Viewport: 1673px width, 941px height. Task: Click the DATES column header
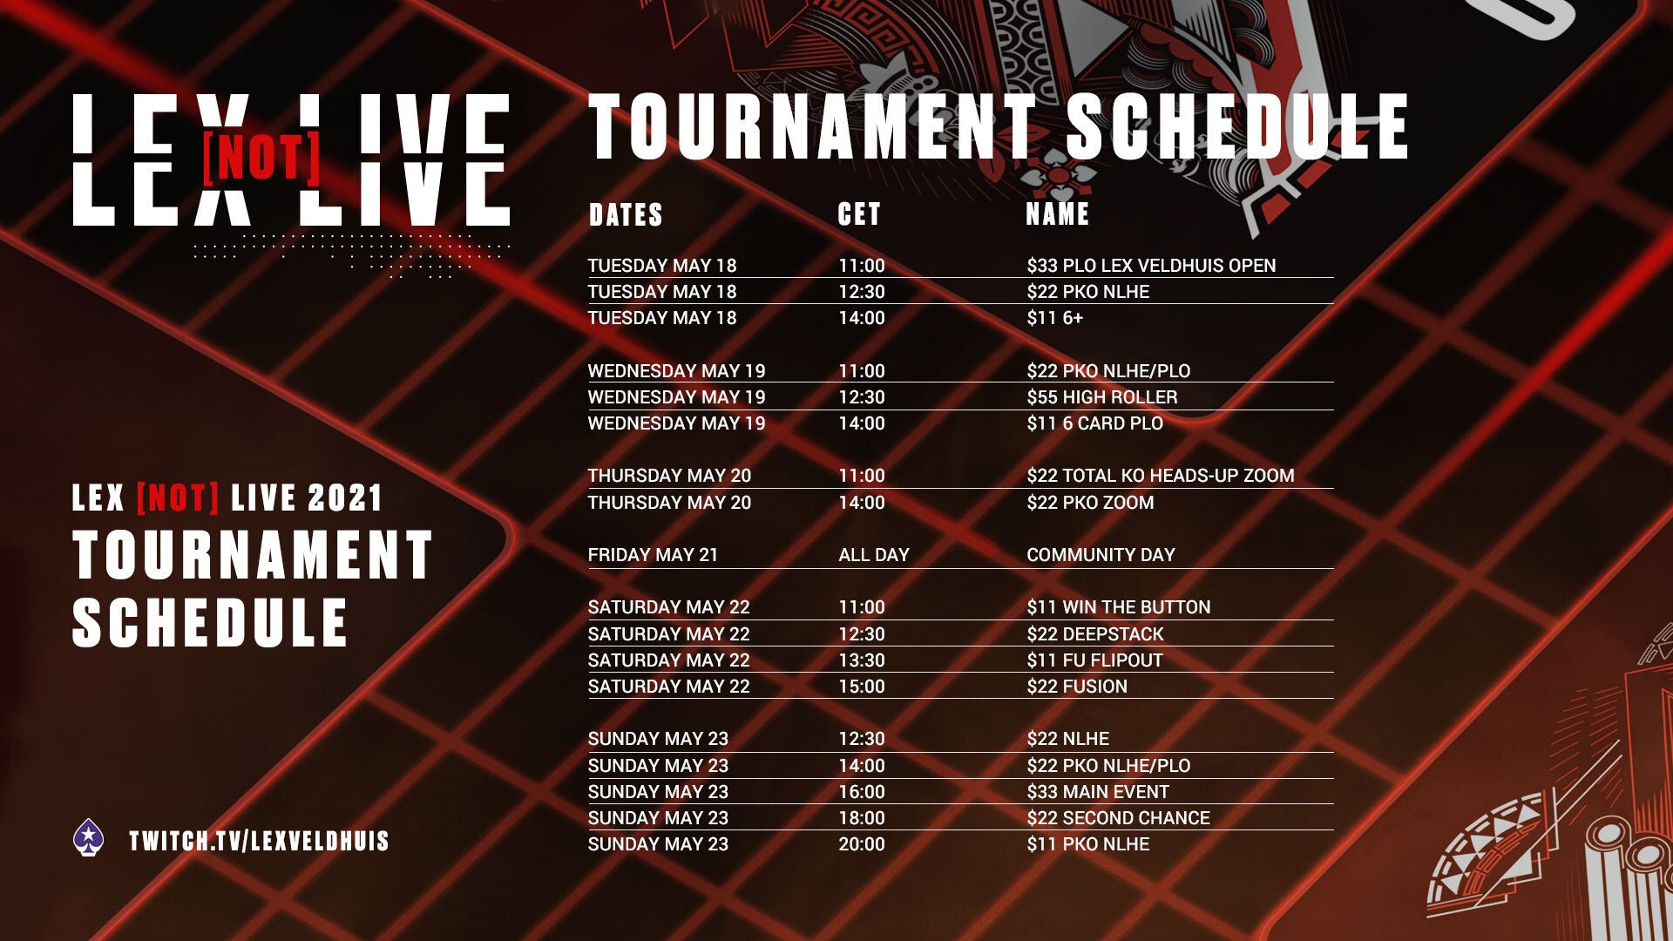click(x=626, y=214)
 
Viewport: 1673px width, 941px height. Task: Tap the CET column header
click(x=859, y=214)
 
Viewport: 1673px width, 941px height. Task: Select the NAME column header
click(x=1058, y=214)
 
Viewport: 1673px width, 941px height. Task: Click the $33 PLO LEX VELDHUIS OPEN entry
click(x=1151, y=266)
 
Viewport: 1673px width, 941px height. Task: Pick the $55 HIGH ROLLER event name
click(x=1102, y=397)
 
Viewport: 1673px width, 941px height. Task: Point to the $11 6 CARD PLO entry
click(x=1094, y=423)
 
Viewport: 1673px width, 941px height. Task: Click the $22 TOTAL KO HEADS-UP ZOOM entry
click(x=1161, y=476)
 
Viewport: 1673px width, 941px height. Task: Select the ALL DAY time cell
click(x=874, y=555)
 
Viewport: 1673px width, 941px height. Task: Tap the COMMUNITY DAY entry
click(x=1101, y=555)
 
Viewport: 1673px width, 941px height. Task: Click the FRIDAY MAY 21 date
click(x=653, y=555)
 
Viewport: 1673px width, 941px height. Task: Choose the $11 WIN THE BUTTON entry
click(x=1119, y=607)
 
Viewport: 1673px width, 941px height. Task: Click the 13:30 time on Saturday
click(x=862, y=660)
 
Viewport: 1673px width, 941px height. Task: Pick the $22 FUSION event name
click(x=1077, y=687)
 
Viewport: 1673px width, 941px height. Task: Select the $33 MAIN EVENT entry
click(x=1098, y=792)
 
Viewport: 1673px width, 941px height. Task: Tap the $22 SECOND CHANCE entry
click(x=1118, y=818)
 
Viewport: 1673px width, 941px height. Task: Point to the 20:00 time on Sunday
click(x=862, y=844)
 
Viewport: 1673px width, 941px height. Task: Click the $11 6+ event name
click(x=1054, y=318)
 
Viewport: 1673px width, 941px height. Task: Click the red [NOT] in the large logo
click(x=261, y=158)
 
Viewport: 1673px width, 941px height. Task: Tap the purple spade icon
click(x=88, y=838)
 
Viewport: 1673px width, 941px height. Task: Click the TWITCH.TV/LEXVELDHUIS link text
click(x=259, y=841)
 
